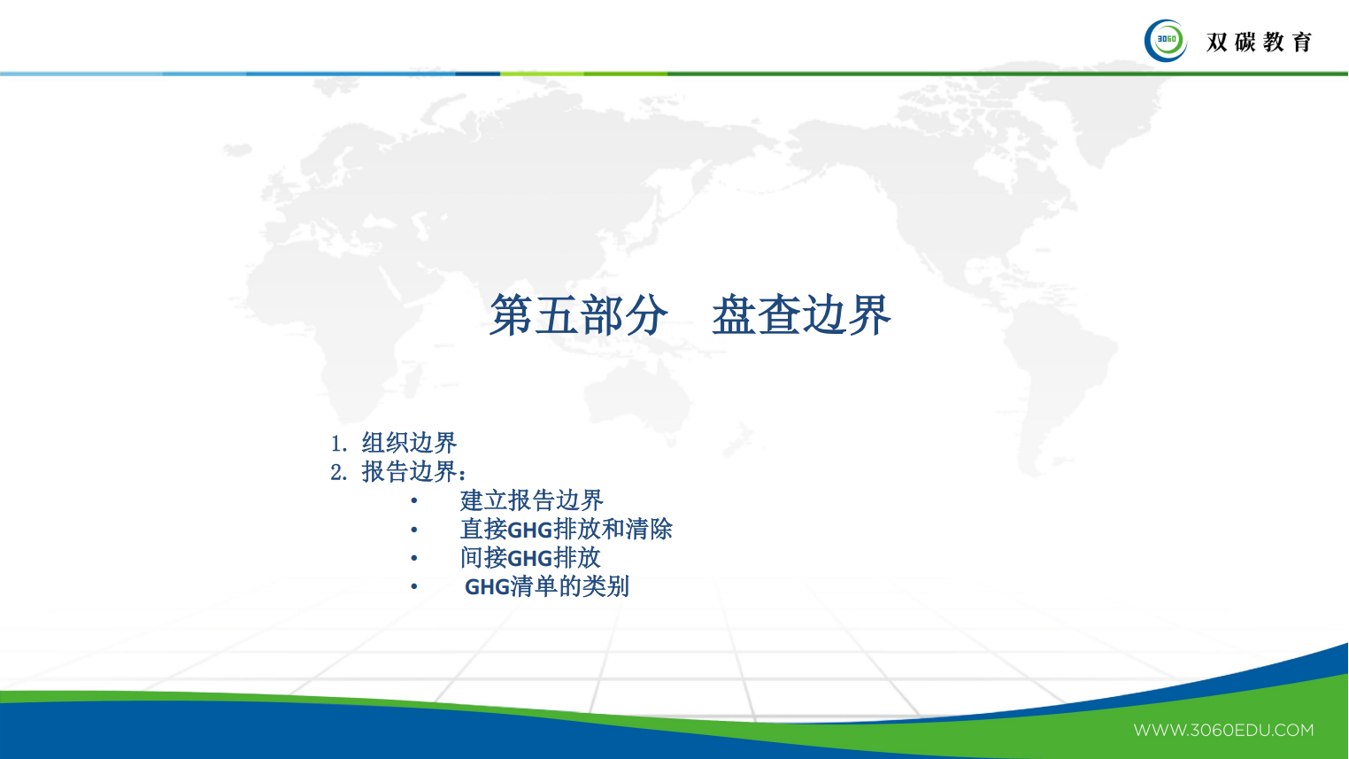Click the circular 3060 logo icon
coord(1166,41)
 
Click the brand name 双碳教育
coord(1259,42)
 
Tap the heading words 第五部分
coord(578,315)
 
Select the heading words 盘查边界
coord(801,315)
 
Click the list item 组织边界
coord(409,443)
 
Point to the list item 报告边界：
coord(413,472)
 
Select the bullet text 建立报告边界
coord(531,500)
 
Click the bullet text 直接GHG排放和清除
coord(566,530)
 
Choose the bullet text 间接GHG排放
coord(530,558)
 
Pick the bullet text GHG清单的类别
coord(546,586)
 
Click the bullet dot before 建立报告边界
coord(413,501)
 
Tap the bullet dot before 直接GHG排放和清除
coord(413,531)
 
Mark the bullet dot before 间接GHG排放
coord(413,559)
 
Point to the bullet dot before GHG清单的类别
coord(413,587)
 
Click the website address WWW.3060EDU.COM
coord(1223,731)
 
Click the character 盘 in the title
coord(734,315)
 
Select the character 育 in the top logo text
coord(1301,42)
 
